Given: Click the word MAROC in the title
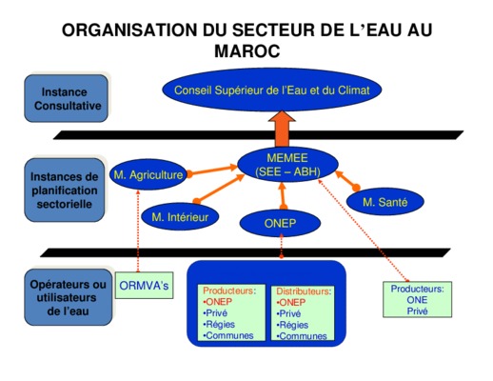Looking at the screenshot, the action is tap(247, 50).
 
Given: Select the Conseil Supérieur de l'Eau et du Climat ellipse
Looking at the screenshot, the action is tap(272, 90).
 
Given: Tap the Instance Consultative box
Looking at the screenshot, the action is tap(67, 98).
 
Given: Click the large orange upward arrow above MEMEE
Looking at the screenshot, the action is tap(282, 129).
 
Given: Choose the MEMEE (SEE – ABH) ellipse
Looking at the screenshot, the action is tap(287, 165).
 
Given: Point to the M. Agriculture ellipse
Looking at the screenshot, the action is tap(148, 174).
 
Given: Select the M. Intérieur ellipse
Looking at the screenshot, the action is tap(180, 217).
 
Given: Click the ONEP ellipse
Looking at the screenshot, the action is tap(280, 223).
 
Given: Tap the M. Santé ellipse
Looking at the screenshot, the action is tap(385, 202).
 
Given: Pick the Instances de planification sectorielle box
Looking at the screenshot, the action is tap(65, 190).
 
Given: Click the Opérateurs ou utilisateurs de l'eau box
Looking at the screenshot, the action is tap(69, 297).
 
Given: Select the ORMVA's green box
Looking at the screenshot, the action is tap(144, 285).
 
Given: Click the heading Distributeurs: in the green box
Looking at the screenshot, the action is tap(304, 291).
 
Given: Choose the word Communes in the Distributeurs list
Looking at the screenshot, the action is tap(303, 336).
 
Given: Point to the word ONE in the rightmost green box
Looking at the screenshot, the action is tap(417, 300).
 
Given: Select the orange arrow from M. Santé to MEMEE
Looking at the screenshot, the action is tap(347, 181).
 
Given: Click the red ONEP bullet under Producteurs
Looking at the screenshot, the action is tap(218, 301).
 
